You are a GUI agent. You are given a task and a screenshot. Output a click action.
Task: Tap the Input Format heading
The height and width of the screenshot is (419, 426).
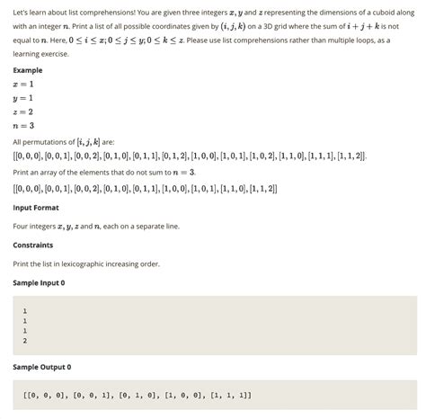[x=36, y=207]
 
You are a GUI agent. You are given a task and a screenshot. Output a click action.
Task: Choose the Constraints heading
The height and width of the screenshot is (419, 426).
[x=32, y=245]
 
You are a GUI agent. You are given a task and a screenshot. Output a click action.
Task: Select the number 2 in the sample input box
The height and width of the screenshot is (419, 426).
[x=24, y=341]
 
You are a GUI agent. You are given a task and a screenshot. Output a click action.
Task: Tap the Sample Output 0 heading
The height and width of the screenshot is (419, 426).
[x=41, y=367]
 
